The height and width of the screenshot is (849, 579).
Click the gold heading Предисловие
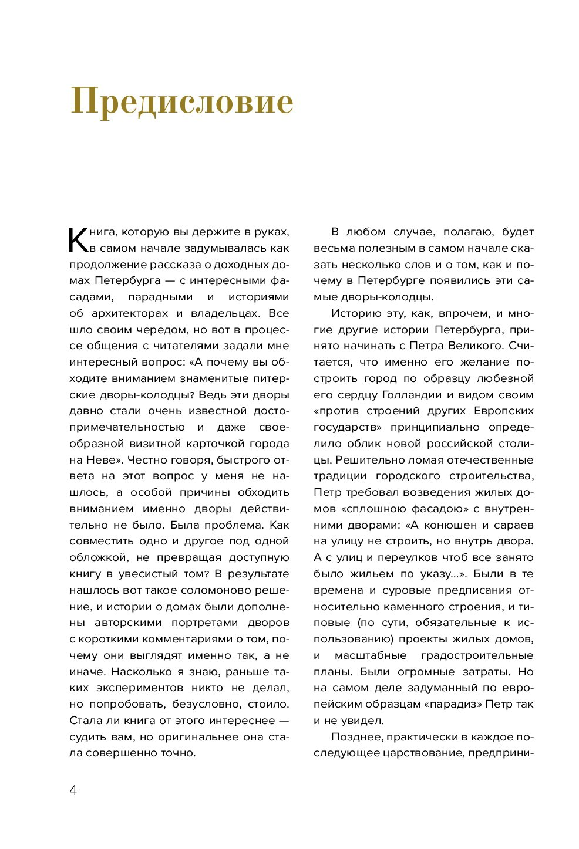tap(182, 102)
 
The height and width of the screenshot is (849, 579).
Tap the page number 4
tap(73, 790)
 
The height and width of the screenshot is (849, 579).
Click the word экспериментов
tap(147, 688)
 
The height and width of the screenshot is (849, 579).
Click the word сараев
tap(514, 525)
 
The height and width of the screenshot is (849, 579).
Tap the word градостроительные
tap(477, 655)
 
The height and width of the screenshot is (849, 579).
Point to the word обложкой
tap(96, 557)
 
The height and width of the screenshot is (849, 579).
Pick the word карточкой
tap(213, 444)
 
